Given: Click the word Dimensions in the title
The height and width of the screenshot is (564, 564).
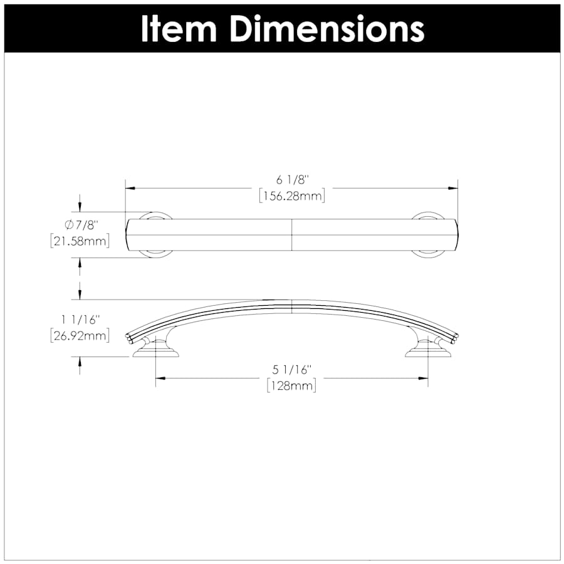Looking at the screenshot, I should coord(326,28).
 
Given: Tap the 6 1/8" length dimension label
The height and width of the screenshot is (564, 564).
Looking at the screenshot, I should coord(291,180).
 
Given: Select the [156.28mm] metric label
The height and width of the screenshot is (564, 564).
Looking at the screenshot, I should coord(291,196).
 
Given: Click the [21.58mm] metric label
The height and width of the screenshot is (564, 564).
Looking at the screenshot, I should coord(80,241).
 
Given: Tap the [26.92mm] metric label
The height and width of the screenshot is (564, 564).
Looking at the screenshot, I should coord(80,336).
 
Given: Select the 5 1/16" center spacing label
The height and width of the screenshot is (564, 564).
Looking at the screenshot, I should coord(291,370).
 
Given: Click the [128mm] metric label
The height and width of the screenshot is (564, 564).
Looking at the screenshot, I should coord(291,385).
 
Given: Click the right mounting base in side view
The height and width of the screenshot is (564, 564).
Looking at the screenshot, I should coord(428,350).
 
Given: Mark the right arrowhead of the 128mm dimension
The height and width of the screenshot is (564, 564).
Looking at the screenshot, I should coord(424,378).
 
